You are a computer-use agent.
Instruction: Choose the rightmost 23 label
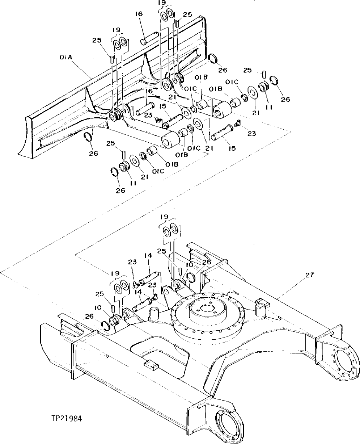(x=251, y=133)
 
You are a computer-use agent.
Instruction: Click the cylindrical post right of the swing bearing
(x=260, y=310)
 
